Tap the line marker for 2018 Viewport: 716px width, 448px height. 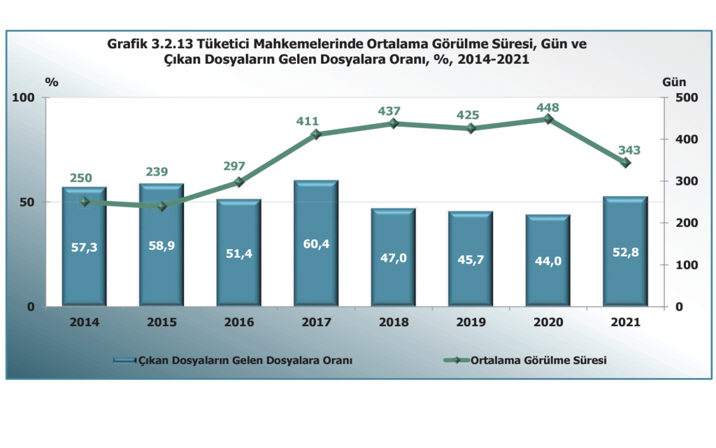click(394, 124)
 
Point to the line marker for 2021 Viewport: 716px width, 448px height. click(626, 163)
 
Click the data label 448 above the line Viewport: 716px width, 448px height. click(548, 107)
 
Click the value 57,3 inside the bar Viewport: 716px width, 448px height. click(84, 246)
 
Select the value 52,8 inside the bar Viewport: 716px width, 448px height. click(626, 251)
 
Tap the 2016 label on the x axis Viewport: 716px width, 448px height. click(238, 323)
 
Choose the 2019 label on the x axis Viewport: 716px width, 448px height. click(471, 323)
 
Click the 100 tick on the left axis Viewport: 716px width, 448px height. click(25, 98)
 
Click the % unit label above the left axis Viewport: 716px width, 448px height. click(52, 81)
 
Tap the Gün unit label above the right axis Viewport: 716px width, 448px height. click(673, 81)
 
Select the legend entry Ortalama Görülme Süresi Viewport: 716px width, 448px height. click(538, 360)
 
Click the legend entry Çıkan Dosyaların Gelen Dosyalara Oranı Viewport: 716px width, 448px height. click(244, 360)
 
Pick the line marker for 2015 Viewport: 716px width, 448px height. click(162, 206)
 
